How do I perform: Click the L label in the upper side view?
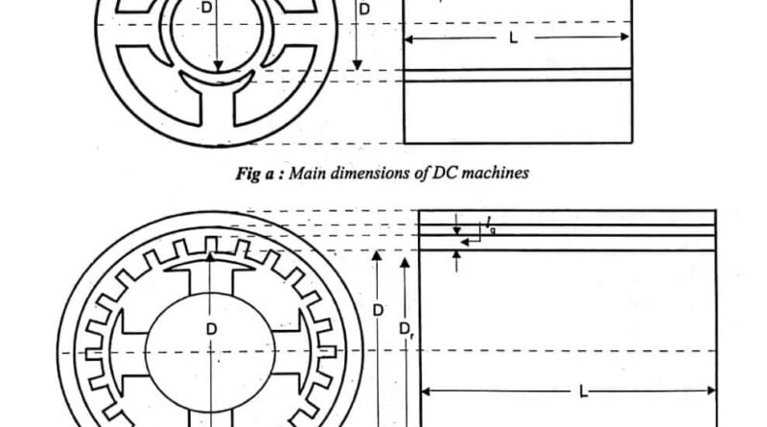(513, 37)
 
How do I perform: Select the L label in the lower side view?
(583, 391)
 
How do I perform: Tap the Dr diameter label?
(407, 329)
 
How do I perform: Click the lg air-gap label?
(491, 225)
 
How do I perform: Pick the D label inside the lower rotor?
(211, 329)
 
